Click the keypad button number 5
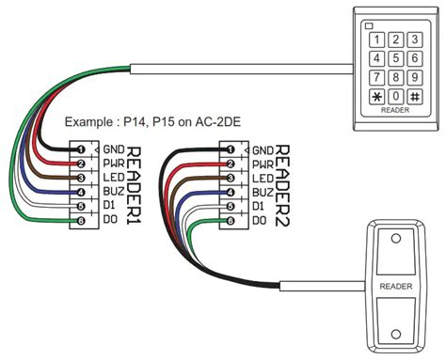tap(395, 58)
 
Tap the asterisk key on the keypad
tap(377, 97)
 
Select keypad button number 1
tap(377, 39)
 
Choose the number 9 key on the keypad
tap(414, 77)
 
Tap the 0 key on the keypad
tap(395, 97)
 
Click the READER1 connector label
tap(134, 185)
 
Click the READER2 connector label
tap(281, 185)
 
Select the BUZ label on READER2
tap(263, 193)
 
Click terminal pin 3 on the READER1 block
tap(82, 178)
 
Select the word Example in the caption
tap(87, 123)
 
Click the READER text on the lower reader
tap(395, 285)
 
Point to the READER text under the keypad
tap(395, 110)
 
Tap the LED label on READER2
tap(263, 179)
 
